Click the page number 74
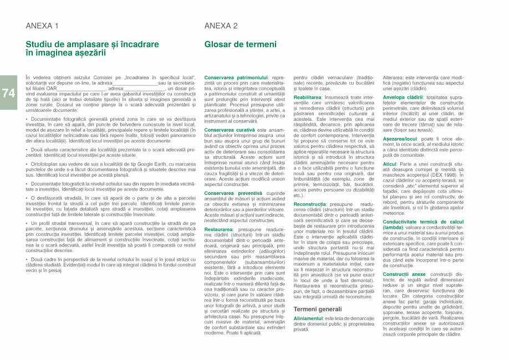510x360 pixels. click(x=8, y=93)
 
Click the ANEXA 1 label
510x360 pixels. click(x=42, y=26)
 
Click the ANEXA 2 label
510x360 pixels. click(x=221, y=26)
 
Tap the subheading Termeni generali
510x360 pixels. click(x=318, y=308)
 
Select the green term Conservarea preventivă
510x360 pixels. click(x=226, y=193)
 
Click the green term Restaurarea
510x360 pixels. click(x=218, y=229)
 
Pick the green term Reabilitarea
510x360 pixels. click(x=308, y=97)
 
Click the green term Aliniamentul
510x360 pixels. click(x=308, y=318)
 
